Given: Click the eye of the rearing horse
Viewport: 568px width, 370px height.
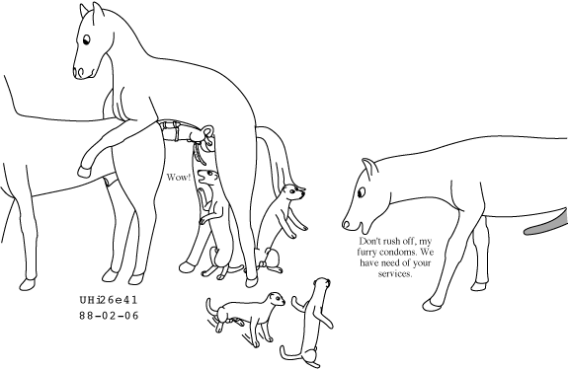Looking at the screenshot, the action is [x=86, y=39].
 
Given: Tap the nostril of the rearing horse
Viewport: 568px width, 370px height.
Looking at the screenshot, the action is [x=79, y=72].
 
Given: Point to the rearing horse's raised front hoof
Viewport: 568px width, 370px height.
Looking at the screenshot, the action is [x=84, y=172].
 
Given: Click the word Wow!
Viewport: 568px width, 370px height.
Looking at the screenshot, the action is [x=178, y=178].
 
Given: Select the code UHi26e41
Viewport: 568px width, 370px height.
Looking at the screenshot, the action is [x=109, y=300].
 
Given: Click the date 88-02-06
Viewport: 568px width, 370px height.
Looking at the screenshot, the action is [x=109, y=316].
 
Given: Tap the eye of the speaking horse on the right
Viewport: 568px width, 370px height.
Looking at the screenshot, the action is [x=362, y=192].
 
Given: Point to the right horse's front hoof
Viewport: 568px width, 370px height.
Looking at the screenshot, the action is [x=430, y=305].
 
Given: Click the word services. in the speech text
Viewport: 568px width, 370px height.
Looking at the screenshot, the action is [x=395, y=273].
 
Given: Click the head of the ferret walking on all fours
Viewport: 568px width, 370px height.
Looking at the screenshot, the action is [x=276, y=299].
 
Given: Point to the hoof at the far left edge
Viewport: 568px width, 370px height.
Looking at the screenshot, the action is [x=28, y=284].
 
